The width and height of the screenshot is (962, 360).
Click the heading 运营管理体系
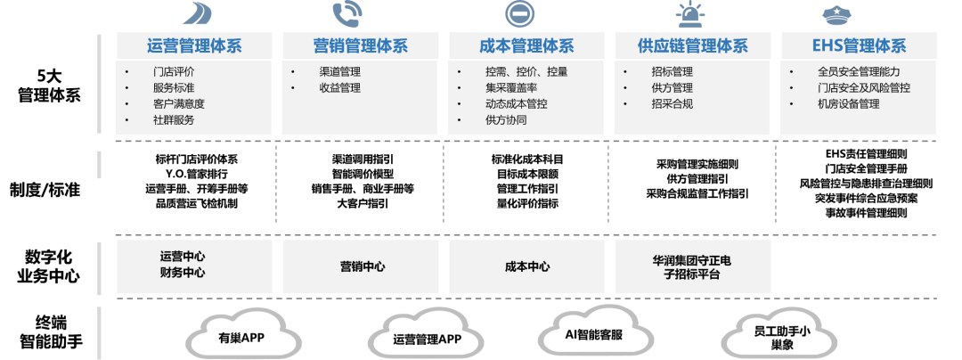194,46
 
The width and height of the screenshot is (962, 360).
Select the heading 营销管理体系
360,46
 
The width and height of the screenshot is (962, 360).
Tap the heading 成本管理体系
526,46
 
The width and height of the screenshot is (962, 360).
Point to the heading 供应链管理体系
692,46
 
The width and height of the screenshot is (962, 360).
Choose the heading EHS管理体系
859,46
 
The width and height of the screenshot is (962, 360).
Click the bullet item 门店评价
174,71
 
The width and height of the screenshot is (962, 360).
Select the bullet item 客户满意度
179,103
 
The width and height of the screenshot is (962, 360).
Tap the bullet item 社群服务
174,119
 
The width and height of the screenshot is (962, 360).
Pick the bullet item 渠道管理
339,71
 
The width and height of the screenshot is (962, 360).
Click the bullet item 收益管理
339,87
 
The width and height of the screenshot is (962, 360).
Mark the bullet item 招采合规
672,103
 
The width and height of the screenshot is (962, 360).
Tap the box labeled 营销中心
362,266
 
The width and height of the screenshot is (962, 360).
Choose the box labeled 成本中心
526,266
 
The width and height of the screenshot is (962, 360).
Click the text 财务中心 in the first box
182,274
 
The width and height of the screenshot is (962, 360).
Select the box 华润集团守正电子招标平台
692,266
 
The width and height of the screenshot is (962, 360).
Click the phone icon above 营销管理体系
346,13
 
